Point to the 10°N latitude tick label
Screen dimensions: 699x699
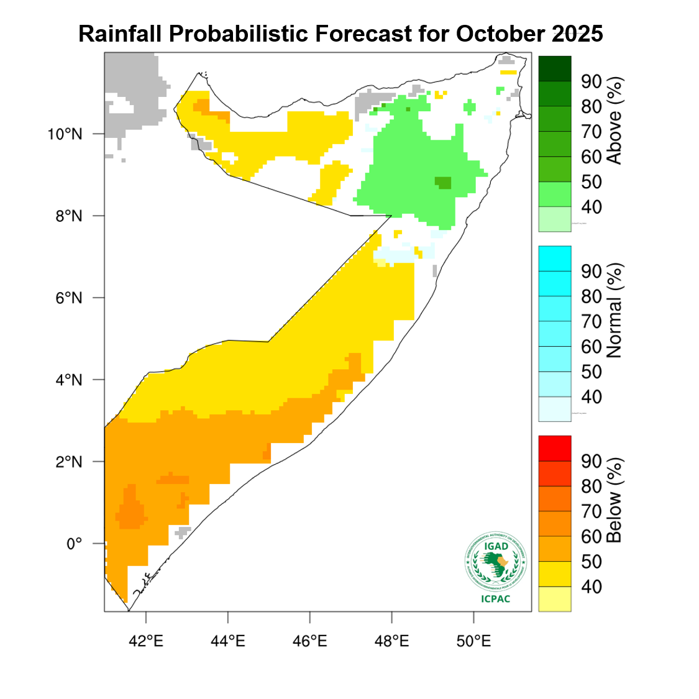tap(65, 134)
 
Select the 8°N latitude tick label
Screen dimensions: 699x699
tap(68, 216)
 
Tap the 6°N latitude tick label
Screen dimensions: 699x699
tap(68, 298)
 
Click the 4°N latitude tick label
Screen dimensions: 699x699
tap(68, 380)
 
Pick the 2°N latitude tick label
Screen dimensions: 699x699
tap(68, 462)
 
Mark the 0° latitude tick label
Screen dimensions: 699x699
tap(74, 544)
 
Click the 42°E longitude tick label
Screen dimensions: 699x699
tap(146, 641)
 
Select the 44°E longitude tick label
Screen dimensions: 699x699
tap(228, 641)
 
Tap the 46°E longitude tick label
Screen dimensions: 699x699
tap(310, 641)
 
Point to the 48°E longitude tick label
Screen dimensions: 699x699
tap(392, 641)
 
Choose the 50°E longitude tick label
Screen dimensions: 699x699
tap(474, 641)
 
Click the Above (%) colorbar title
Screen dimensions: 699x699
tap(614, 121)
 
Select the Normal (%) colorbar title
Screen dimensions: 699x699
tap(614, 311)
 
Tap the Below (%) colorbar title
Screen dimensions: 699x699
tap(614, 500)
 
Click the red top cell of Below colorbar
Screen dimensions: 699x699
tap(555, 448)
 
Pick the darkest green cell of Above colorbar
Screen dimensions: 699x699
tap(555, 68)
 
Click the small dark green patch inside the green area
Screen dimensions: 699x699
tap(443, 182)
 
